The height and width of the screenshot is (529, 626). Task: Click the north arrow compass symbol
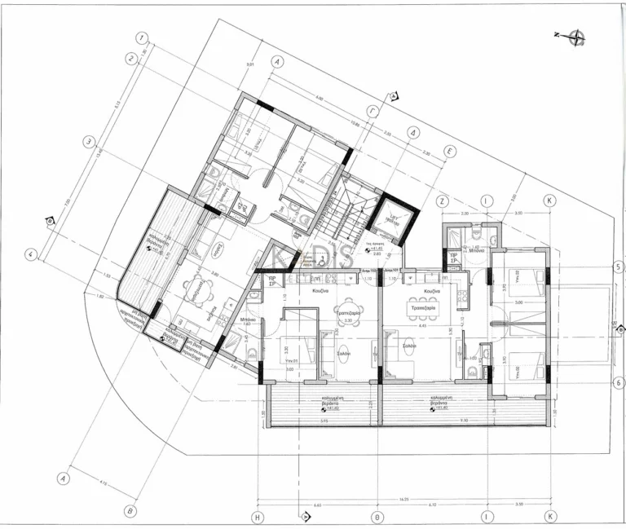click(577, 35)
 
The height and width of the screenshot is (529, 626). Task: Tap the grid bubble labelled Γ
click(373, 109)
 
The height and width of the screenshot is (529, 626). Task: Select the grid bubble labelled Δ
click(414, 131)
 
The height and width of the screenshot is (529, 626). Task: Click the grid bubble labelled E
click(449, 152)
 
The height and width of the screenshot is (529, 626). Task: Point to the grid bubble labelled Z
click(443, 200)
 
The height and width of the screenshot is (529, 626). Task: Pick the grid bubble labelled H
click(257, 517)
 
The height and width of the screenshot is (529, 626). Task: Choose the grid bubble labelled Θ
click(377, 517)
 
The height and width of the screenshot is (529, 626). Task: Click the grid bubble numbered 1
click(142, 37)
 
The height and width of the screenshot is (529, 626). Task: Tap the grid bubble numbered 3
click(89, 140)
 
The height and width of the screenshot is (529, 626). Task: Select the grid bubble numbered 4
click(30, 253)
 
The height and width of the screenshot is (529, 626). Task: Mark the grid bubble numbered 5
click(619, 267)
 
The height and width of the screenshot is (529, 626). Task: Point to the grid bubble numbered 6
click(619, 381)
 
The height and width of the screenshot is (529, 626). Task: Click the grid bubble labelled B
click(128, 511)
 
